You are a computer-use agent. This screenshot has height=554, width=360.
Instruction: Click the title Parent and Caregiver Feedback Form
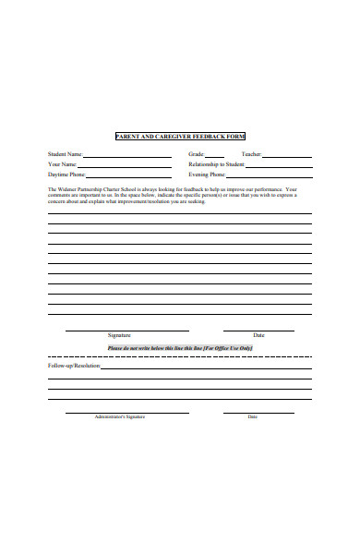[x=180, y=136]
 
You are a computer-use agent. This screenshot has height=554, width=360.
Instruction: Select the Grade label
[x=196, y=154]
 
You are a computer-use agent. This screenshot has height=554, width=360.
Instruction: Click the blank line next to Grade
[x=214, y=156]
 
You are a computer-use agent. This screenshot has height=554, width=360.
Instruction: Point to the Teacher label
[x=251, y=154]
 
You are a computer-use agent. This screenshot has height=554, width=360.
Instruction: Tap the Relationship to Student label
[x=216, y=163]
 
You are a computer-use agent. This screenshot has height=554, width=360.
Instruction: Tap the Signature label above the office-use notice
[x=119, y=335]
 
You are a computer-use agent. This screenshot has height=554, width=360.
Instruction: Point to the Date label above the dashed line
[x=258, y=335]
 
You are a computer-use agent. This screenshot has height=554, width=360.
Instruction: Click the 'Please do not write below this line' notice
[x=179, y=347]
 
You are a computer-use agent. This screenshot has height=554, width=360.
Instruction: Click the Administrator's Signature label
[x=120, y=416]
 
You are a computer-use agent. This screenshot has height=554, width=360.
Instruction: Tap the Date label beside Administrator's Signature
[x=253, y=416]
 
